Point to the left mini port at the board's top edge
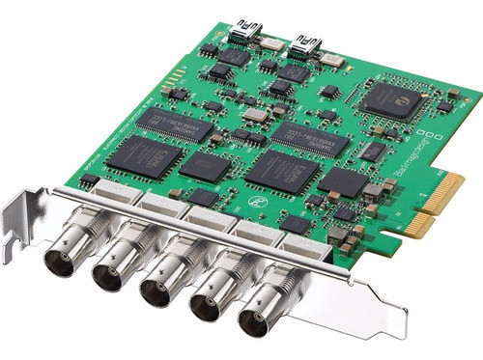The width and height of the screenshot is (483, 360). tap(242, 39)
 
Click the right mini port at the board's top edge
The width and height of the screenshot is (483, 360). tap(308, 42)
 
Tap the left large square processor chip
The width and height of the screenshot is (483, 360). tap(144, 156)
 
